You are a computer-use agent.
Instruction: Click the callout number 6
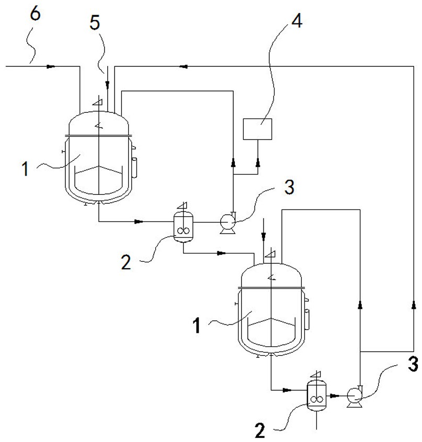click(35, 14)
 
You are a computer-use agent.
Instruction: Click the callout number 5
click(95, 22)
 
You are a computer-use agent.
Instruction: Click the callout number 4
click(296, 20)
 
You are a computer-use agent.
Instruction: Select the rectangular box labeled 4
click(258, 129)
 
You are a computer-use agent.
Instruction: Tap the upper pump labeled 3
click(227, 223)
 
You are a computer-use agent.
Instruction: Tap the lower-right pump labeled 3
click(355, 397)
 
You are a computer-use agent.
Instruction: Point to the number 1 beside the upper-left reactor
click(26, 169)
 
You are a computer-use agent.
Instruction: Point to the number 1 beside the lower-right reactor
click(197, 325)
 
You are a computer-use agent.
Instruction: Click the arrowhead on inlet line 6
click(50, 66)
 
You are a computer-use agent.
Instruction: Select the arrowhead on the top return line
click(183, 66)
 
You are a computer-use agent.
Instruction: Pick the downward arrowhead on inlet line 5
click(108, 84)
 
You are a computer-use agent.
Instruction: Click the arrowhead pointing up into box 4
click(258, 162)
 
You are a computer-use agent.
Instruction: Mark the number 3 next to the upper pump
click(289, 187)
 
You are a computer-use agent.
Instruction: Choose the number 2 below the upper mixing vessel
click(126, 262)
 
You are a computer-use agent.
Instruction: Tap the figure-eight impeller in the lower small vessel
click(317, 399)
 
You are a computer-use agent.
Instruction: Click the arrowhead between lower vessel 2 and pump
click(334, 396)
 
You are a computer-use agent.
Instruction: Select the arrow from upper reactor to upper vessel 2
click(138, 222)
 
